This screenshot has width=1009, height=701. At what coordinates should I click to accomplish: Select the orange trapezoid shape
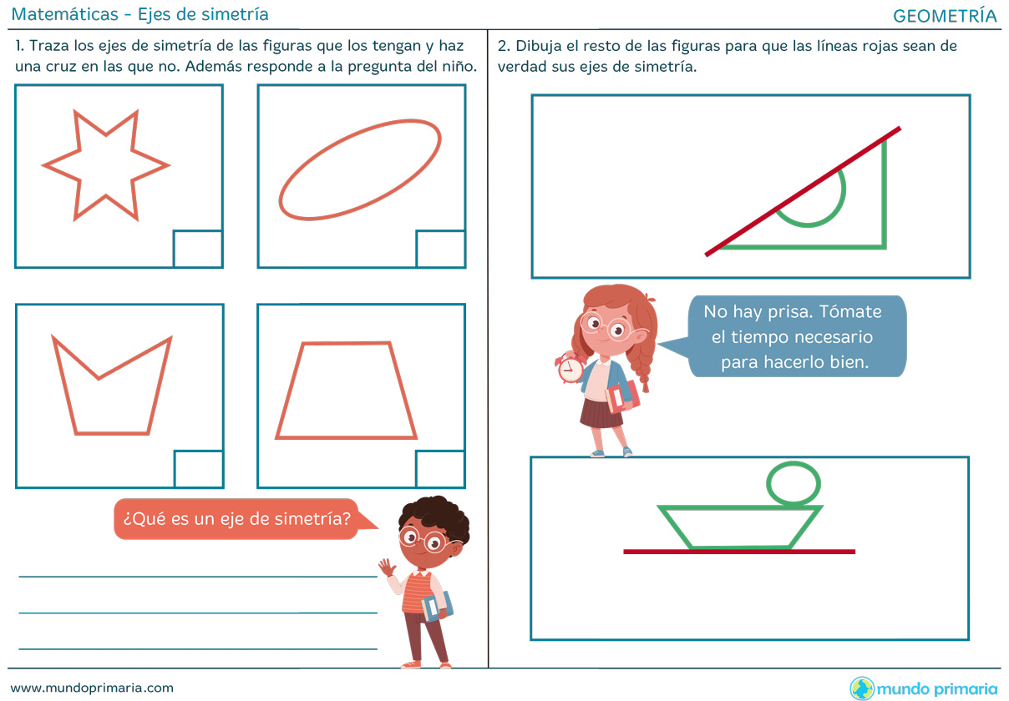pos(288,391)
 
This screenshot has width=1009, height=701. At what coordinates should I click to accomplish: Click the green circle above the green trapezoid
pos(768,484)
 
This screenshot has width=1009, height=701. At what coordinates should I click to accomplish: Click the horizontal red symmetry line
pos(739,552)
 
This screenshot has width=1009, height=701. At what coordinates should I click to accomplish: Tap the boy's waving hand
pos(387,567)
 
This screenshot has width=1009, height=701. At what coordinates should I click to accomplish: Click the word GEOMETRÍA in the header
pos(945,16)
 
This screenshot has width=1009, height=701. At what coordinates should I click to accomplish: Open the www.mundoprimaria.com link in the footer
pos(92,688)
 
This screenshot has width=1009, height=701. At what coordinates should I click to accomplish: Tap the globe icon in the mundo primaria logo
pos(862,688)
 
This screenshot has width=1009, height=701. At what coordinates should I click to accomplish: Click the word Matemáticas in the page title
pos(65,14)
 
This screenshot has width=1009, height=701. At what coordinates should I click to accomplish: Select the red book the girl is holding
pos(623,396)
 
